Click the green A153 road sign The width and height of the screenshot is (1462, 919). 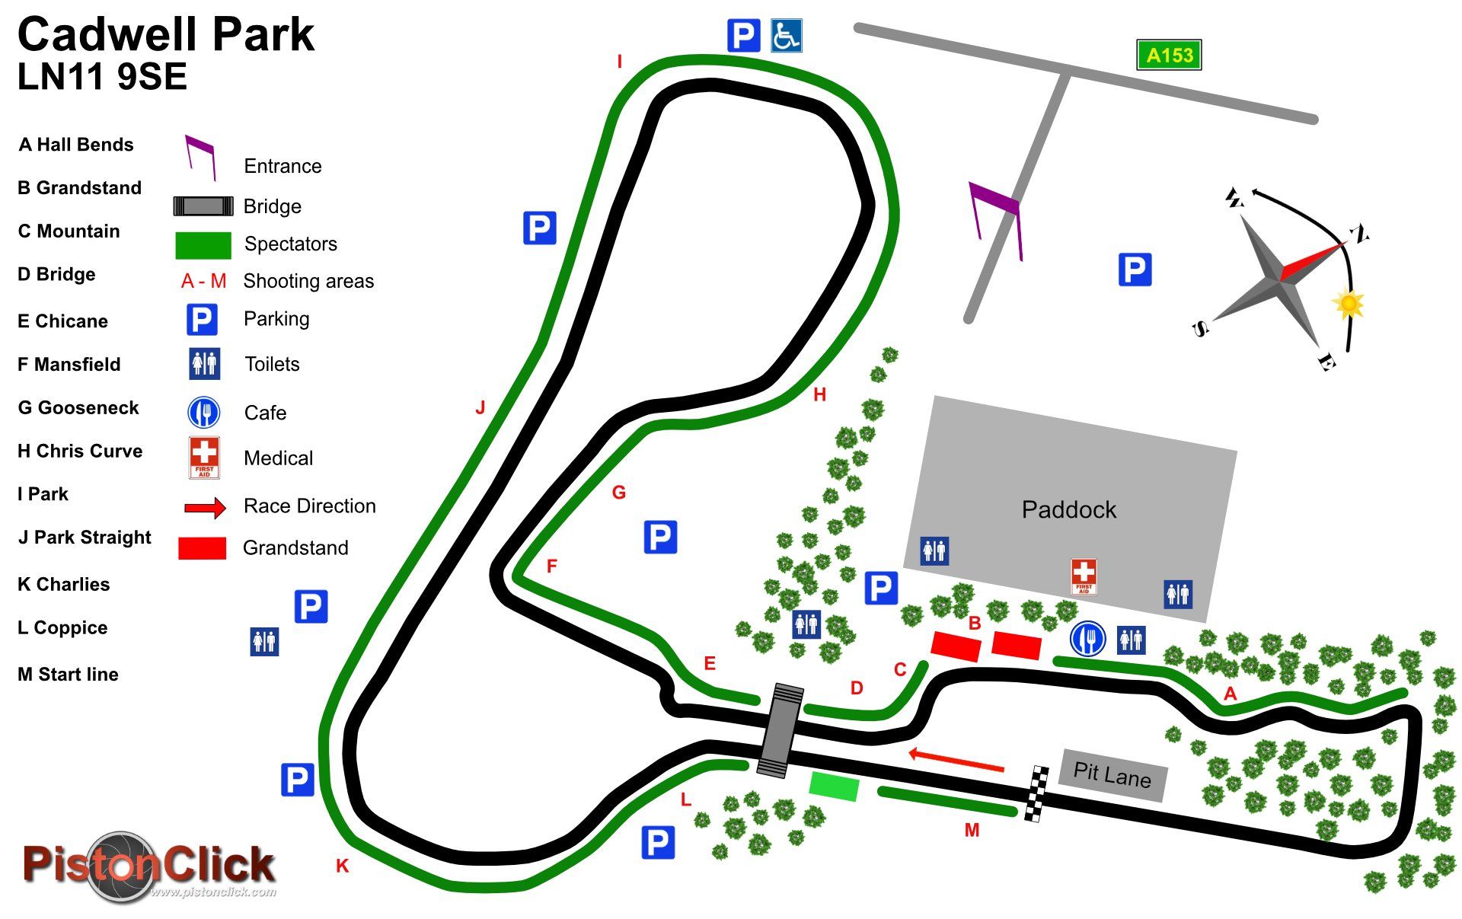[x=1168, y=55]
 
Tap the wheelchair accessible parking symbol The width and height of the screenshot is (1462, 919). [x=786, y=36]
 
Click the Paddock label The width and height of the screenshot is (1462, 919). [x=1068, y=509]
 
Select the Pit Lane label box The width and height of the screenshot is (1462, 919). [x=1112, y=774]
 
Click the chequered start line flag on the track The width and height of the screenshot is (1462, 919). [x=1035, y=793]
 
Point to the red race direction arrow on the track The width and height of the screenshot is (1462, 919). [x=956, y=760]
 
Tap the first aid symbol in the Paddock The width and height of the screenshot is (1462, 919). [x=1083, y=576]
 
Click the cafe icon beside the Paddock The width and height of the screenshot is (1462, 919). [x=1087, y=639]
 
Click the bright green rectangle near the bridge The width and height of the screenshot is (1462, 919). [x=834, y=786]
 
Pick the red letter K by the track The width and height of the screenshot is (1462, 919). [x=342, y=866]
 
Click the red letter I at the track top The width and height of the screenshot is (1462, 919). [x=620, y=62]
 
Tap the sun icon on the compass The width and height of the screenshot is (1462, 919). [x=1349, y=304]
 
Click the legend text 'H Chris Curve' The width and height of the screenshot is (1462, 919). [x=80, y=451]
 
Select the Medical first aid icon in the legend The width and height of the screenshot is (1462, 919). [x=204, y=457]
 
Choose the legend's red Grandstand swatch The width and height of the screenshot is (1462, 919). [x=202, y=548]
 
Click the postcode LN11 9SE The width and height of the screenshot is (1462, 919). [x=102, y=77]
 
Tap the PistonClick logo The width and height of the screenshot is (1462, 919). [x=148, y=866]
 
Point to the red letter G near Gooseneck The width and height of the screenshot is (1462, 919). [x=619, y=493]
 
